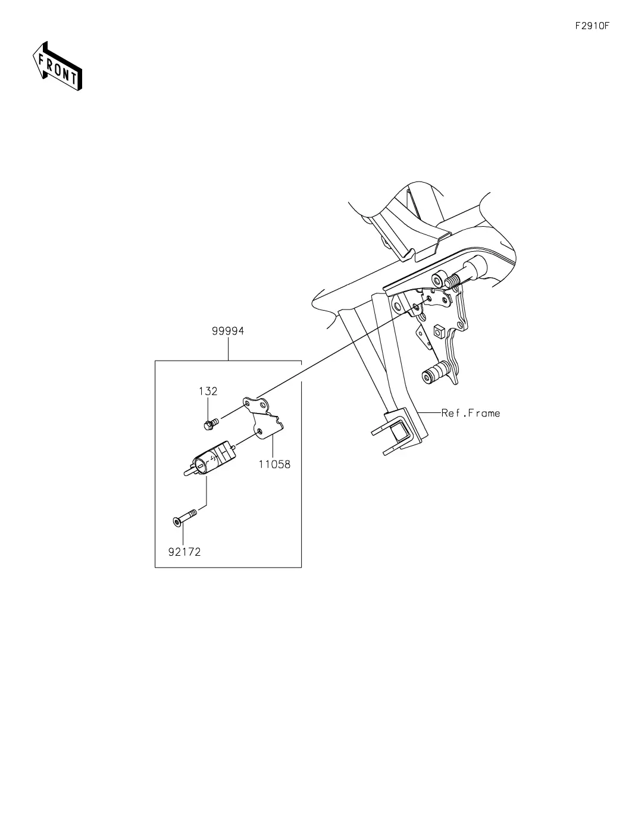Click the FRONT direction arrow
tap(57, 67)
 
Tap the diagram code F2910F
tap(592, 26)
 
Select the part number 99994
tap(228, 331)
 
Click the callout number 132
tap(208, 392)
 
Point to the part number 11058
tap(274, 464)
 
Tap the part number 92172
tap(184, 552)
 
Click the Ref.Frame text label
tap(471, 413)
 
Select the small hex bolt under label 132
tap(211, 424)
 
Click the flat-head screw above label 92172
tap(185, 517)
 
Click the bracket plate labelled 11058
tap(263, 418)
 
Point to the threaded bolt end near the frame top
tap(452, 280)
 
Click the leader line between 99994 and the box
tap(229, 349)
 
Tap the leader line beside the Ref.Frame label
tap(429, 413)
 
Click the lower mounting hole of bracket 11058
tap(259, 431)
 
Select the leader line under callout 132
tap(208, 409)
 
